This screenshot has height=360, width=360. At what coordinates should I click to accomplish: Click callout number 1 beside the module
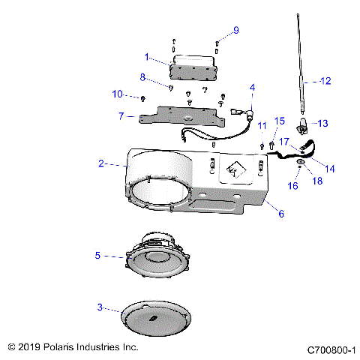(147, 56)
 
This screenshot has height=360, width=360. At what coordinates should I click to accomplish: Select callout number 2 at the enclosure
(101, 163)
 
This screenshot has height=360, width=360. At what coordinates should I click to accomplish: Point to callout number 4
(253, 87)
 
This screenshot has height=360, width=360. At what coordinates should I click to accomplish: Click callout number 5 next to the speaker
(98, 256)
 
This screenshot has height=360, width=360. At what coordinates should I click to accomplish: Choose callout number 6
(281, 214)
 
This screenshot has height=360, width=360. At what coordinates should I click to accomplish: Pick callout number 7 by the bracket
(121, 116)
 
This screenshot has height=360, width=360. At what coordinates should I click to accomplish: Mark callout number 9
(235, 30)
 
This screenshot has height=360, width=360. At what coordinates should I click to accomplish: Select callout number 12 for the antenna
(325, 80)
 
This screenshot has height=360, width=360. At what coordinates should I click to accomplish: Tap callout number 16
(294, 184)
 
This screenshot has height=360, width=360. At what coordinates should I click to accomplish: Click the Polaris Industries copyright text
(73, 348)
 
